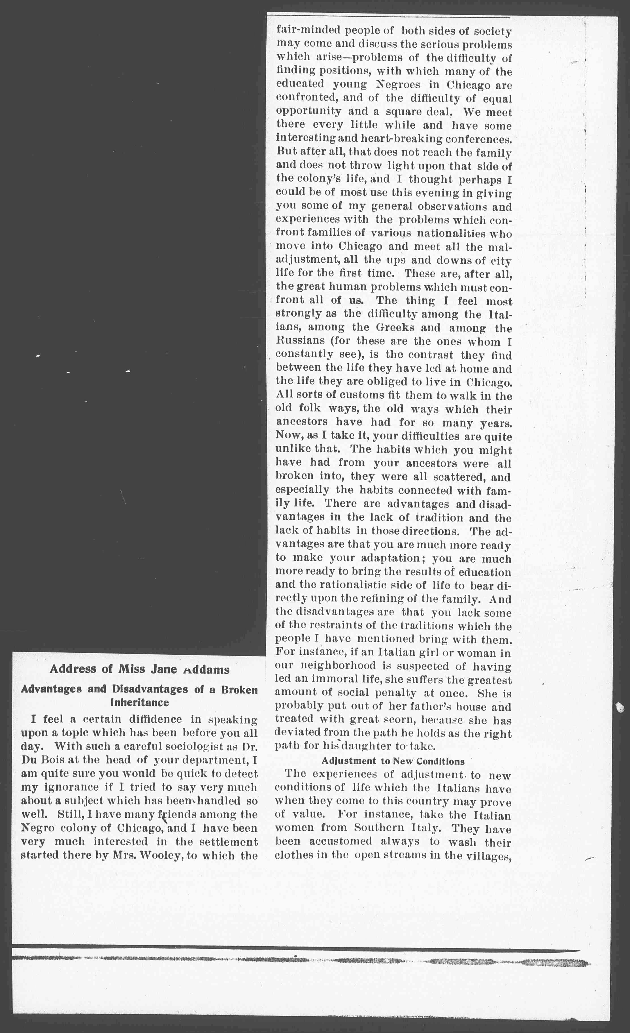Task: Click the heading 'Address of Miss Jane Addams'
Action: click(139, 669)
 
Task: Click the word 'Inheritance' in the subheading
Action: click(139, 702)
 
